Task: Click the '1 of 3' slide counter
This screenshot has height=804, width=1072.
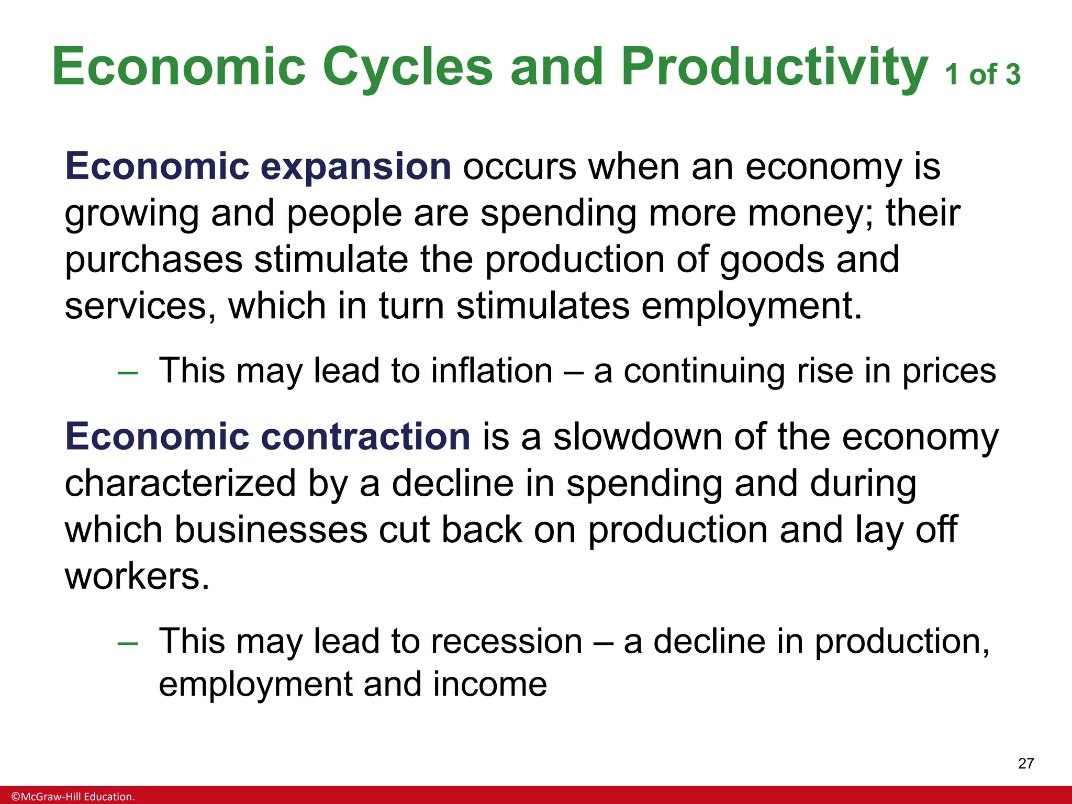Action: tap(982, 75)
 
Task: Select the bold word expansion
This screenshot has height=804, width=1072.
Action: tap(355, 166)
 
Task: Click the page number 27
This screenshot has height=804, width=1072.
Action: tap(1025, 764)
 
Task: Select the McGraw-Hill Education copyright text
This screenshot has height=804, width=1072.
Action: tap(73, 797)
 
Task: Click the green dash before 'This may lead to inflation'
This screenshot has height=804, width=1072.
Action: tap(128, 373)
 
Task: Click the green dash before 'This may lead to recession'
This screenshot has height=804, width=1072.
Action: tap(128, 643)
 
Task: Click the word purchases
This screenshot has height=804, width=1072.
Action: tap(153, 260)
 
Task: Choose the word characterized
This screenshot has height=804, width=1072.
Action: tap(180, 483)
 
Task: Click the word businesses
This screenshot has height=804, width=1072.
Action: tap(271, 530)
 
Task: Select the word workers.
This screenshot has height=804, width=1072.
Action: tap(137, 576)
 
